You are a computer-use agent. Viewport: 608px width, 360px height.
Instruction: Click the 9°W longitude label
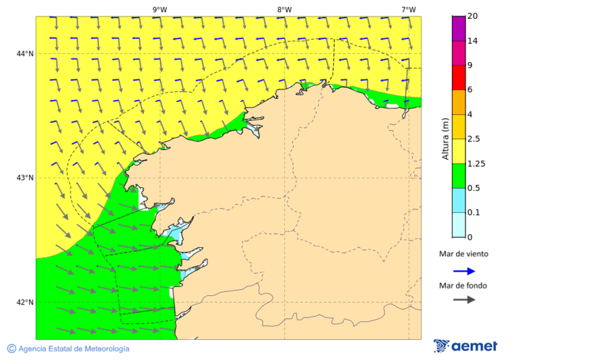point(159,9)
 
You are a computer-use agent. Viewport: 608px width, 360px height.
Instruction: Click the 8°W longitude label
point(284,9)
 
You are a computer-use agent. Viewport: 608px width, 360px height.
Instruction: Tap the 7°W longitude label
point(409,9)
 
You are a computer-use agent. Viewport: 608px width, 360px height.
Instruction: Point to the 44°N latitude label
point(25,54)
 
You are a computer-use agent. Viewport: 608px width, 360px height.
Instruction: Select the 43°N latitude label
point(25,178)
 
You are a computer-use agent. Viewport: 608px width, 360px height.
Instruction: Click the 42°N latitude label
point(25,303)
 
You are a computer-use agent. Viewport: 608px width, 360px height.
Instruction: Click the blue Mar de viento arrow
point(464,271)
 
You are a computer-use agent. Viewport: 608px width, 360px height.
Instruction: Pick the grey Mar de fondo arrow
point(464,300)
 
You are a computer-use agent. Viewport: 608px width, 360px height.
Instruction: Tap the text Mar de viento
point(463,255)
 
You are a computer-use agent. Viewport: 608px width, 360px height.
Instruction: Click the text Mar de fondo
point(463,286)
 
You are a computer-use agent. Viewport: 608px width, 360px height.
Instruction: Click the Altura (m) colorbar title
point(445,138)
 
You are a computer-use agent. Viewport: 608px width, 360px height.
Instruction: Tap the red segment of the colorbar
point(459,77)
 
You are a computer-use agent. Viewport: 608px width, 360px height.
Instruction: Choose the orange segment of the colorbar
point(459,102)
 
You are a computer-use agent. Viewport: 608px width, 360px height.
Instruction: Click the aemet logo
point(465,346)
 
